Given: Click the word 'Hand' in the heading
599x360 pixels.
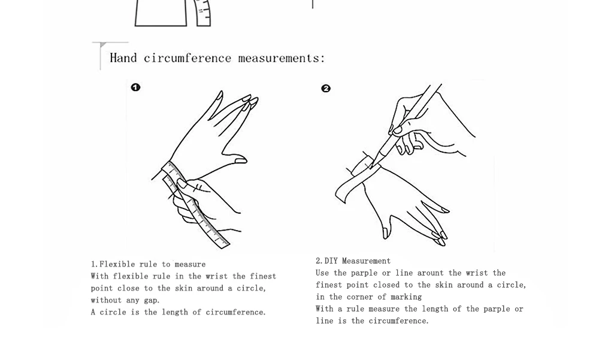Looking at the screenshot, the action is [x=123, y=58].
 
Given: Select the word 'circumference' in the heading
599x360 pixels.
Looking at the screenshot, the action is [x=187, y=58].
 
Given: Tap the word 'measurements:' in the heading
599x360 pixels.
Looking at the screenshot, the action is [x=282, y=58].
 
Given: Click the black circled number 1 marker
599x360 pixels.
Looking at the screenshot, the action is [x=135, y=87].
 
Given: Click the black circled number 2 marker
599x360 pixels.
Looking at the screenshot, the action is [x=326, y=89].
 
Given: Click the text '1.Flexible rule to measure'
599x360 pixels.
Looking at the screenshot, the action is [x=148, y=264].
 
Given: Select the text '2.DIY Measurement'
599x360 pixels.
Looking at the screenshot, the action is [x=353, y=261].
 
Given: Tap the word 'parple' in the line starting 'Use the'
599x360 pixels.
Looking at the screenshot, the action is [x=364, y=273].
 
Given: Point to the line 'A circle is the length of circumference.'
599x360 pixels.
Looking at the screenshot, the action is [x=178, y=312].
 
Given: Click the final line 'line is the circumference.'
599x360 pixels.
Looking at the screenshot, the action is [x=372, y=320].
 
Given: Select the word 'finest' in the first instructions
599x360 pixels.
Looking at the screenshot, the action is [x=263, y=276].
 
